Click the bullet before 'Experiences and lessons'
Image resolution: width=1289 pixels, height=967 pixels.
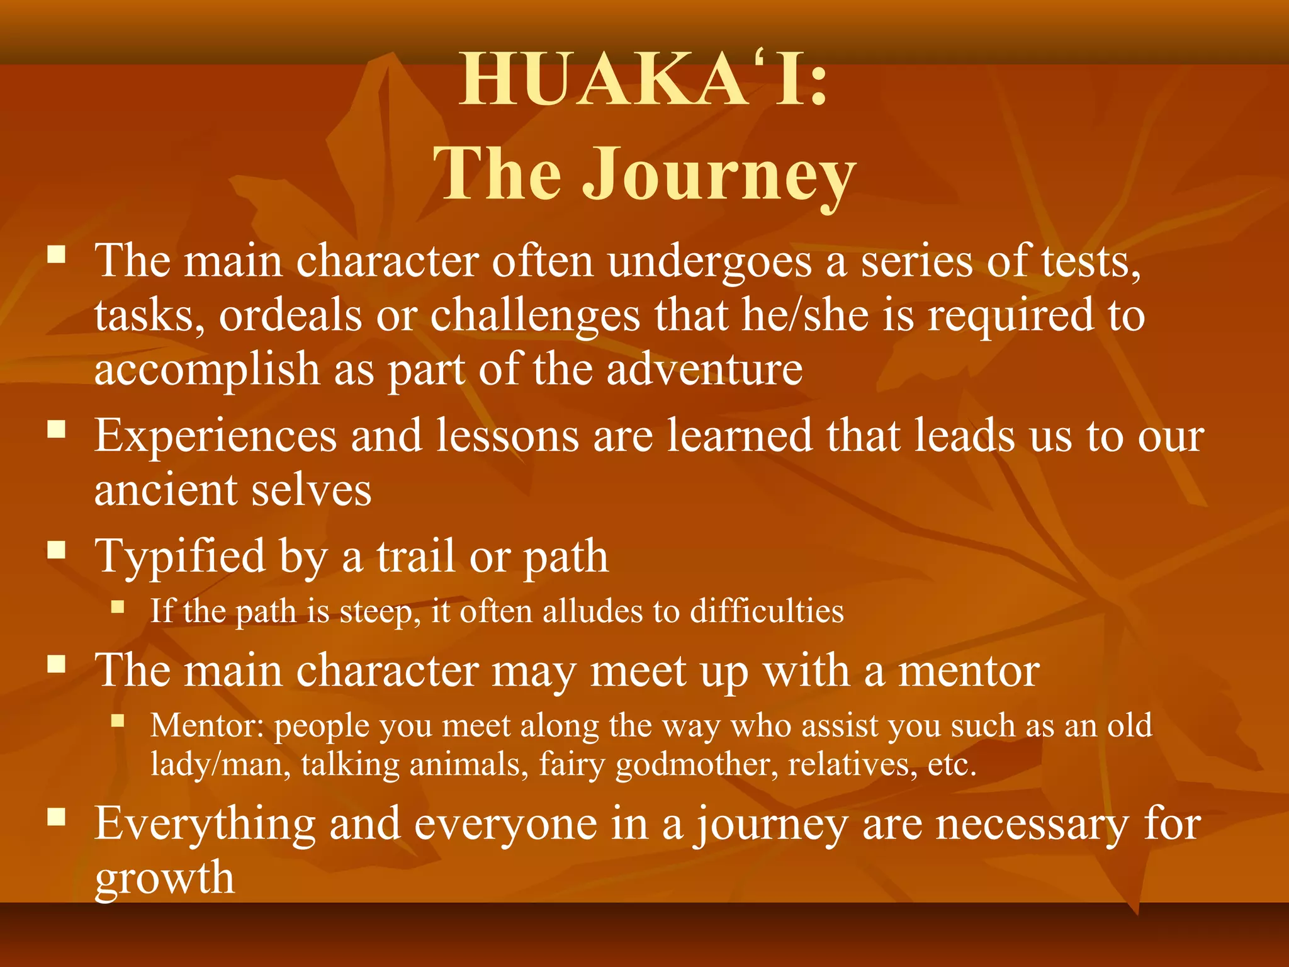coord(57,429)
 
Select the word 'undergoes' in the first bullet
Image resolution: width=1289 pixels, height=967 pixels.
coord(709,261)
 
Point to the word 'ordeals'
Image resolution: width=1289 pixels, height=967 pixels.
coord(290,315)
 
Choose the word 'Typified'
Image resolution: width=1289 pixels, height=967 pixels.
coord(180,557)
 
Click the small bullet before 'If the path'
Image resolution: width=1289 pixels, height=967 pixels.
coord(118,608)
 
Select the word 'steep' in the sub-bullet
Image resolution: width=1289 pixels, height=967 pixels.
coord(380,611)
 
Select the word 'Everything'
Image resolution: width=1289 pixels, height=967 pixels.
coord(205,824)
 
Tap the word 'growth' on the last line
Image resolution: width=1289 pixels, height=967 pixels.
coord(164,878)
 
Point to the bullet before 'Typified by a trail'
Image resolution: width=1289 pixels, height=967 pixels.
coord(57,550)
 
